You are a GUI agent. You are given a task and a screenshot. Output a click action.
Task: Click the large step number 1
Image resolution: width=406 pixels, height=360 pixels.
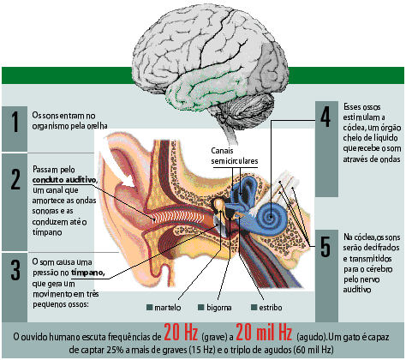15,122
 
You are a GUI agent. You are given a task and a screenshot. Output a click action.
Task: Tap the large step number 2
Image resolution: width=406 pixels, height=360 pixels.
15,179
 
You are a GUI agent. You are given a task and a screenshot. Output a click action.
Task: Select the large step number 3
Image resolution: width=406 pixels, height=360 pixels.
15,270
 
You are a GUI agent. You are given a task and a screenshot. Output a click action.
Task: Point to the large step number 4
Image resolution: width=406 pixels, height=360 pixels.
325,117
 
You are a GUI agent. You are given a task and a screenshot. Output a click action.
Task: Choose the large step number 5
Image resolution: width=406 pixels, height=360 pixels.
325,247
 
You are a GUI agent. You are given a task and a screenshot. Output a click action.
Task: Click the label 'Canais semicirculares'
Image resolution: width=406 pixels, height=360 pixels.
235,156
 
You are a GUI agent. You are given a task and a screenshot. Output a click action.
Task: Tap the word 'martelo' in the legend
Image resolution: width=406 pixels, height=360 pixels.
168,308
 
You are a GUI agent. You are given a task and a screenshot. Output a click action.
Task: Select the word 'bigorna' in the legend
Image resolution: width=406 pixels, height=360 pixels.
219,308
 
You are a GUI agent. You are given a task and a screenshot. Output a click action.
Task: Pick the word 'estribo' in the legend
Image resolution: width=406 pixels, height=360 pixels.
271,308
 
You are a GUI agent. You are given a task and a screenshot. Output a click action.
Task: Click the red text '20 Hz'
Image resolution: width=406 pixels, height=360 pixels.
181,333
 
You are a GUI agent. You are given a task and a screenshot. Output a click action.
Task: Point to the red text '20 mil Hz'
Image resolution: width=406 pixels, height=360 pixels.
264,333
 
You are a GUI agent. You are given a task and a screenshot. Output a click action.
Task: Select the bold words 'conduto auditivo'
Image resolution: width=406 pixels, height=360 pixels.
64,180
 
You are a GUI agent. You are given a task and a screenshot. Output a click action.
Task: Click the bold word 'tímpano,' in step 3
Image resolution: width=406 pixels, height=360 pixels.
88,273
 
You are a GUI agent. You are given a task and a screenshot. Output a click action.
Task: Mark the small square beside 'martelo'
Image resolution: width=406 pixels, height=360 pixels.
149,308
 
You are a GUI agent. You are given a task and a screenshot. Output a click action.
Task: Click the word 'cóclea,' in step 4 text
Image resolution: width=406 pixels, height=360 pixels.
353,128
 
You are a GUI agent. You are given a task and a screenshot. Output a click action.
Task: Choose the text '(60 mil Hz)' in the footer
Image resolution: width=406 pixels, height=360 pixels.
313,350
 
